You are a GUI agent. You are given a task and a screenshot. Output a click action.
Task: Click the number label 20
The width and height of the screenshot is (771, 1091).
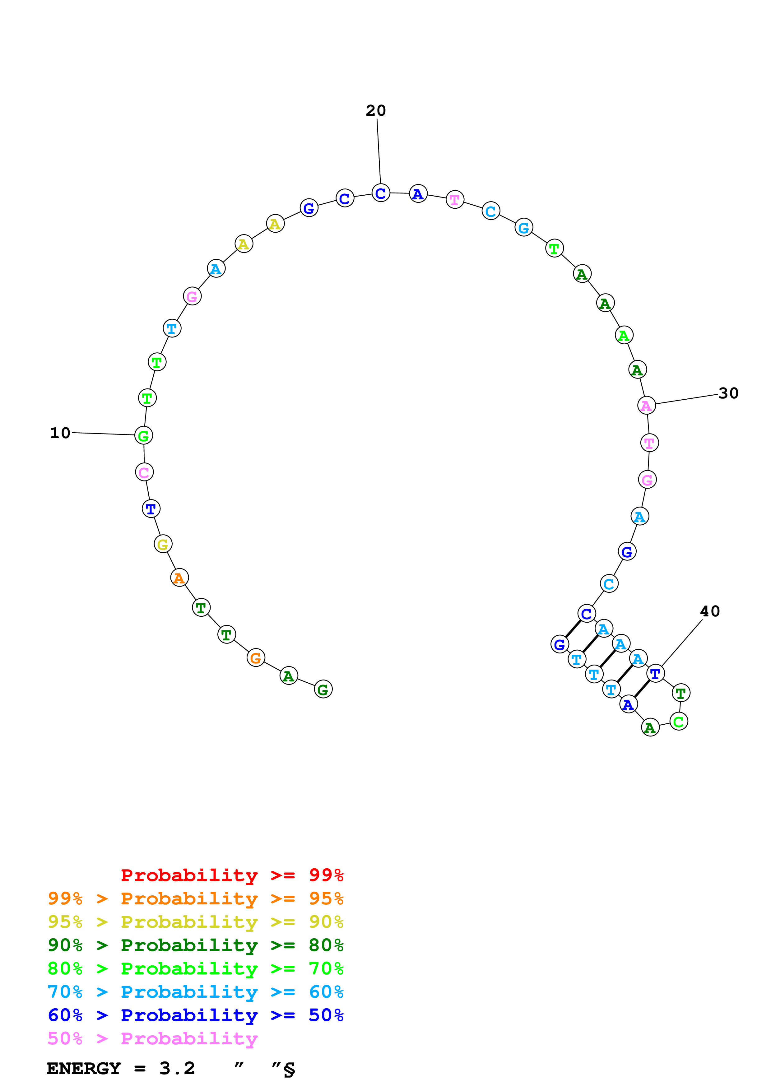(x=375, y=111)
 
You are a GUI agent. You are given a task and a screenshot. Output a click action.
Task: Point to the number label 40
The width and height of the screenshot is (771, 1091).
(x=710, y=611)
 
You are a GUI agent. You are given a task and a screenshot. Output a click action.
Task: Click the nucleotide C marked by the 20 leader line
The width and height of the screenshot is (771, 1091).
(x=380, y=193)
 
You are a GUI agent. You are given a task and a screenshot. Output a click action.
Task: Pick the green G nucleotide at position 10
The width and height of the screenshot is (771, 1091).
(x=143, y=436)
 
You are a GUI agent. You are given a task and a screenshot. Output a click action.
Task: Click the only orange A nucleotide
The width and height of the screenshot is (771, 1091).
(x=179, y=578)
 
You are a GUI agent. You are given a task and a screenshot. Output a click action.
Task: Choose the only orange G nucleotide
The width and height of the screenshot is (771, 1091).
(x=256, y=658)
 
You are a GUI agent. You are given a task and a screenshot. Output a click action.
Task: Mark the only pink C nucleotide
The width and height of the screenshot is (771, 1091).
(x=144, y=472)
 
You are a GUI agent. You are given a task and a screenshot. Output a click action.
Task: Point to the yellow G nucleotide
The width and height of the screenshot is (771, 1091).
(x=163, y=545)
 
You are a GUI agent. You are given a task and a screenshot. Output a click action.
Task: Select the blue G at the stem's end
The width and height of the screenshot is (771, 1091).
(x=560, y=645)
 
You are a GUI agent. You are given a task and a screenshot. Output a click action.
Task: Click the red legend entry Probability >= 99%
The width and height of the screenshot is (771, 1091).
(x=232, y=875)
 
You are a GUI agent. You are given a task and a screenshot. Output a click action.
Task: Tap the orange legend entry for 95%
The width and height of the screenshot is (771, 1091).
(x=195, y=898)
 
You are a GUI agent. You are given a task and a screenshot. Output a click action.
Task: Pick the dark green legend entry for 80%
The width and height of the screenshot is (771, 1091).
(x=195, y=945)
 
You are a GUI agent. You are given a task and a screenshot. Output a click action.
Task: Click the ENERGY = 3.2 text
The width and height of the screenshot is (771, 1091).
(x=121, y=1068)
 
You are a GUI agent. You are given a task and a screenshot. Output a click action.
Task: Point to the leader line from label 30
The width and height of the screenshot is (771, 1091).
(x=686, y=399)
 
